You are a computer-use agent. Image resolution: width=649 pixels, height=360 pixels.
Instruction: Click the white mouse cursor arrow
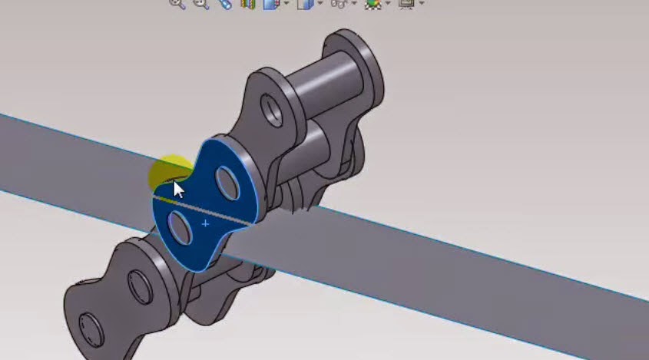pos(178,190)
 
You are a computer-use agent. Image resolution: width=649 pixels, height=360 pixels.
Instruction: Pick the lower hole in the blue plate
pos(180,228)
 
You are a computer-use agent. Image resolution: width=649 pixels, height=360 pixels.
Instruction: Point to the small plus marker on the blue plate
pos(205,223)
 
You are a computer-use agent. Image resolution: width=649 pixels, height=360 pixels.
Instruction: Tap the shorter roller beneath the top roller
pos(323,142)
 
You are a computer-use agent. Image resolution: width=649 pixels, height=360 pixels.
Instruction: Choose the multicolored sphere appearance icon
pos(373,4)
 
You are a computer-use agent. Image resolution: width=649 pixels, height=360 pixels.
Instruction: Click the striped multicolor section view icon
pos(247,4)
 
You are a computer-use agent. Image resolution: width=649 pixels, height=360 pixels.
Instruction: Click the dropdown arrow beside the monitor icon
pos(422,4)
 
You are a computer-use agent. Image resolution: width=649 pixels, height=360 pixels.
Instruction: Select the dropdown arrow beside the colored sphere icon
pos(388,4)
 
